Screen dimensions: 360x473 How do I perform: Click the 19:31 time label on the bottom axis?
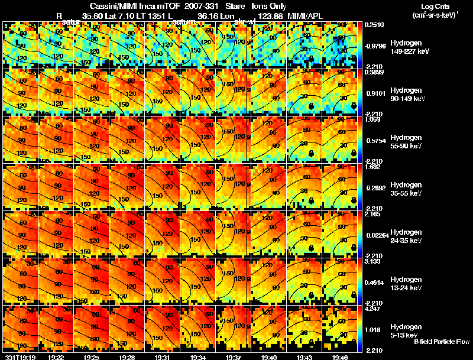coord(163,357)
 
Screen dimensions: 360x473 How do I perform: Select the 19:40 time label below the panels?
coord(269,357)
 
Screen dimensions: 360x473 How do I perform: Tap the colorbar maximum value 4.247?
coord(372,308)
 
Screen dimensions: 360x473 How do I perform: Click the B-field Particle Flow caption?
coord(442,342)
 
